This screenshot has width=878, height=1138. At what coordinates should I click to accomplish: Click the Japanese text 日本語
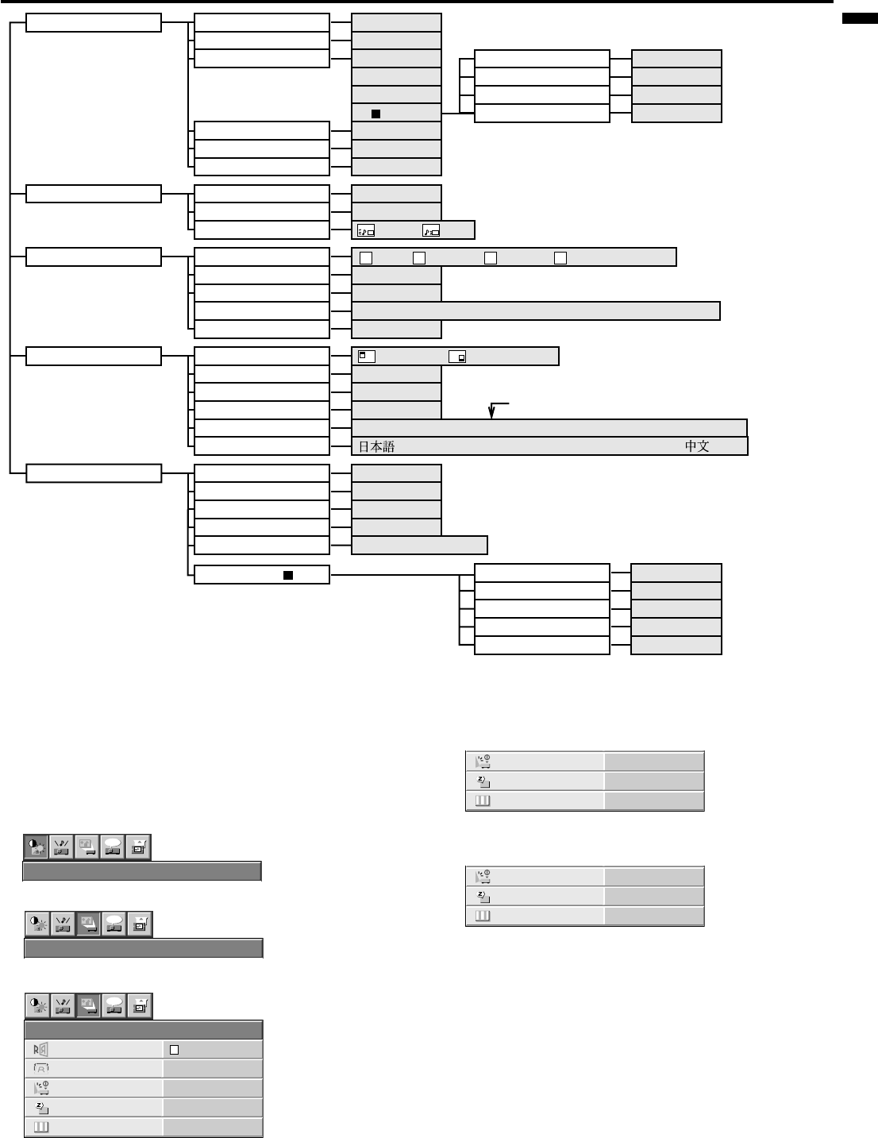pyautogui.click(x=376, y=446)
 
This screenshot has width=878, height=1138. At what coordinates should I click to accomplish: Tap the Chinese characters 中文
pyautogui.click(x=697, y=446)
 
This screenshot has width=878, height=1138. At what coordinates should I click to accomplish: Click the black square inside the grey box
pyautogui.click(x=376, y=114)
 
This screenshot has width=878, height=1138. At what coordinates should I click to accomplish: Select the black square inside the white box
pyautogui.click(x=289, y=574)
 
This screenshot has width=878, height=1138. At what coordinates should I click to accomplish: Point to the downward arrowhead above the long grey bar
pyautogui.click(x=491, y=414)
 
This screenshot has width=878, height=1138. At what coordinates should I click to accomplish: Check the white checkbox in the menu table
pyautogui.click(x=175, y=1050)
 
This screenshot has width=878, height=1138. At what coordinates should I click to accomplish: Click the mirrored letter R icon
pyautogui.click(x=40, y=1049)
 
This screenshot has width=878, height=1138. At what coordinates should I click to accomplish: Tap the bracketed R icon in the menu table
pyautogui.click(x=40, y=1069)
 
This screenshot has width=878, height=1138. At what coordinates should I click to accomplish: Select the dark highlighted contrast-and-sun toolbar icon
pyautogui.click(x=36, y=847)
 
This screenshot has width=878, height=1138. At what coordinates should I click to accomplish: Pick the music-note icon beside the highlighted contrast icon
pyautogui.click(x=62, y=847)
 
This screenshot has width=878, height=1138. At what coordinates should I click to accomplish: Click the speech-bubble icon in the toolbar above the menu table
pyautogui.click(x=114, y=1005)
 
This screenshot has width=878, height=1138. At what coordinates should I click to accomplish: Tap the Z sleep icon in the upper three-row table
pyautogui.click(x=483, y=781)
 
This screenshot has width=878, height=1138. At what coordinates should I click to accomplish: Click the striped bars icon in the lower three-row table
pyautogui.click(x=483, y=916)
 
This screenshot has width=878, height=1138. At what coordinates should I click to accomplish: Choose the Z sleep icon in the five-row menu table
pyautogui.click(x=40, y=1107)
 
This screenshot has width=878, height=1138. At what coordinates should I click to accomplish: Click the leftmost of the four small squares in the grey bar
pyautogui.click(x=366, y=257)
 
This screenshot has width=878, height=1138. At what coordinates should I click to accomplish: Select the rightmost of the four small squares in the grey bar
pyautogui.click(x=560, y=257)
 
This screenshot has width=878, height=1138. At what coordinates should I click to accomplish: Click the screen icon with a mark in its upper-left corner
pyautogui.click(x=366, y=357)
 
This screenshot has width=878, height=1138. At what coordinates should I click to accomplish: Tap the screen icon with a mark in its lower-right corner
pyautogui.click(x=456, y=357)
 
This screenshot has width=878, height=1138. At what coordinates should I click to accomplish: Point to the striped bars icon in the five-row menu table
pyautogui.click(x=40, y=1127)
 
